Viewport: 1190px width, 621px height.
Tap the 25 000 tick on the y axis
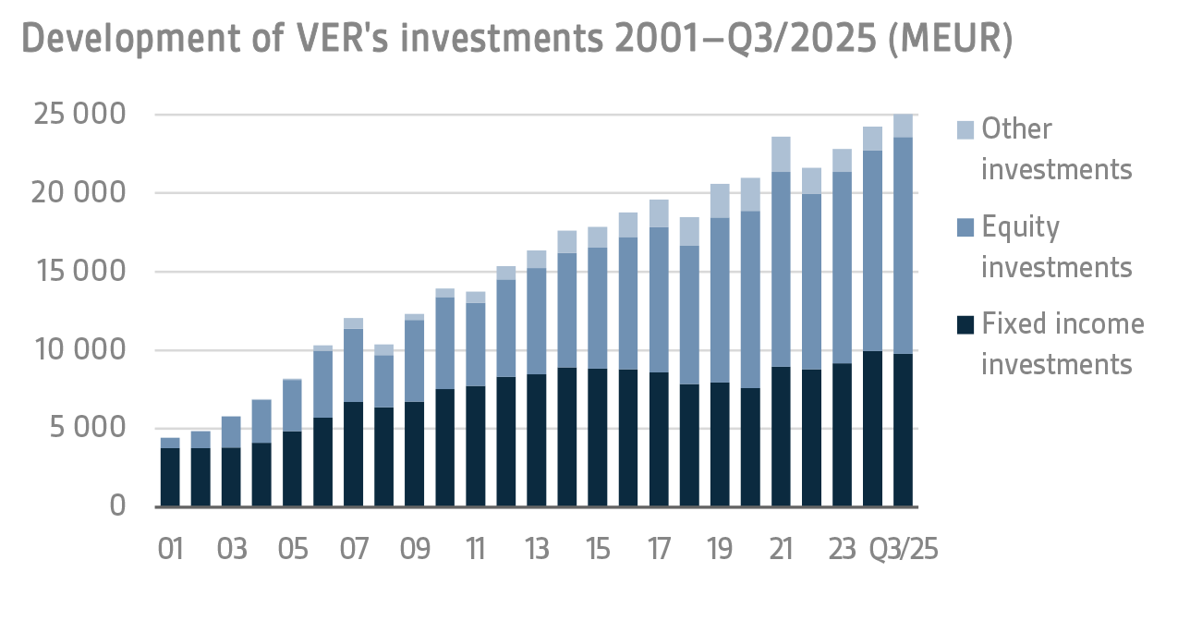(x=79, y=116)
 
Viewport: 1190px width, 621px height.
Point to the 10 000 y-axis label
(x=79, y=350)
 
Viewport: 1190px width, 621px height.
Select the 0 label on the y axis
(x=117, y=506)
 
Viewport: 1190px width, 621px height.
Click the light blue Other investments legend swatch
(x=964, y=129)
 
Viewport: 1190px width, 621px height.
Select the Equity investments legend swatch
(x=964, y=227)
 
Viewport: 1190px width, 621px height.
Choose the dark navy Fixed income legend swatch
(x=964, y=324)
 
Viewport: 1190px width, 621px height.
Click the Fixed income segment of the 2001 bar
(x=170, y=477)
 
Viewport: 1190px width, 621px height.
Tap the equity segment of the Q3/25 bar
(x=903, y=245)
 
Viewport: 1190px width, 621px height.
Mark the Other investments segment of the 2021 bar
(x=781, y=154)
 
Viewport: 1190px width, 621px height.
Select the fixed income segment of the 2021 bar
(x=781, y=436)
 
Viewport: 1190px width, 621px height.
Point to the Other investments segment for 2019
(x=720, y=201)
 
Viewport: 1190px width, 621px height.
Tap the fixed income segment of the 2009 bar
(x=414, y=454)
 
